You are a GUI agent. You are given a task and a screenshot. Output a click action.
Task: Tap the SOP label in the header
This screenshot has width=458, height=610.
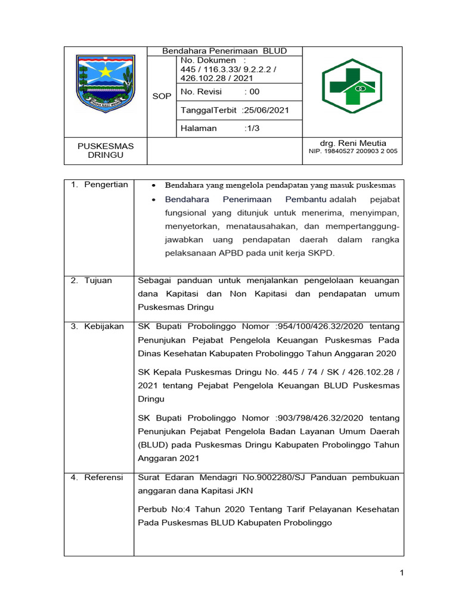161,97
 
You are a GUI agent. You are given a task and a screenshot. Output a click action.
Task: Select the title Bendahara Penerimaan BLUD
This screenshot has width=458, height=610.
225,51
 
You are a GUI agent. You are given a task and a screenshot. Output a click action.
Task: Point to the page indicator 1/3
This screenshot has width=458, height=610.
252,128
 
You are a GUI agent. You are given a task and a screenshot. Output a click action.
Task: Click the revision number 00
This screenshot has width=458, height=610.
255,92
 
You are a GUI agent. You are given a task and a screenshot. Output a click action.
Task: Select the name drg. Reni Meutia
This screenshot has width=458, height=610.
353,143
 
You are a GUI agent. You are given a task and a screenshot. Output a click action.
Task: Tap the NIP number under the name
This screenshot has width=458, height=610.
352,151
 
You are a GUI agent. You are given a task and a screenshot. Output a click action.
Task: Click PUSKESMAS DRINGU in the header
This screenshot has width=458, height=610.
106,150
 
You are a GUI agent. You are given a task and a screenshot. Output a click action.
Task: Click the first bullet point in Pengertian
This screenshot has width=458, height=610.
153,185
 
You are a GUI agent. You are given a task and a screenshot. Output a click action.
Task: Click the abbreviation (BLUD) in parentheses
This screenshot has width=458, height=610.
154,445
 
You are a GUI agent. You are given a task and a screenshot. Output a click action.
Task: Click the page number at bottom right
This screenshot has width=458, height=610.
402,573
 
